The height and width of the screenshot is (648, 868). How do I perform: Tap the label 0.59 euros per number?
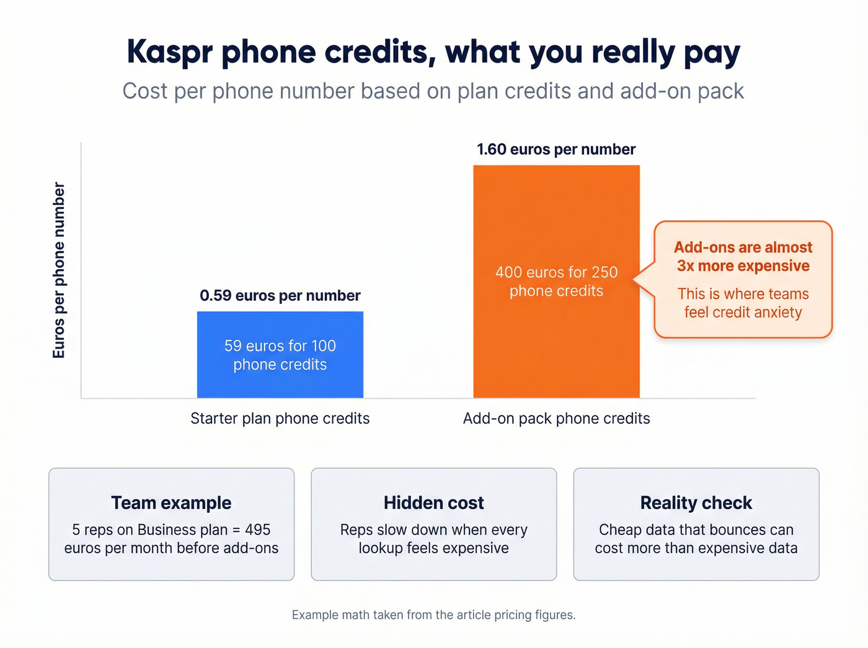280,296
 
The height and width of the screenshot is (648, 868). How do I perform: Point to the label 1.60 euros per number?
556,149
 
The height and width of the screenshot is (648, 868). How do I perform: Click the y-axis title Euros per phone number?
59,270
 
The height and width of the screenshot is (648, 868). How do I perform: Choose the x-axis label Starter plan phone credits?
280,419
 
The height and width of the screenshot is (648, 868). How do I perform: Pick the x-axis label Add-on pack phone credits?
556,419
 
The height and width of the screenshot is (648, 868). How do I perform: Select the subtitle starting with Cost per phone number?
433,91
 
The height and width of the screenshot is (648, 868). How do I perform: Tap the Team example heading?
171,503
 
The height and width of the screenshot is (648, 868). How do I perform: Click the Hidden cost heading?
433,503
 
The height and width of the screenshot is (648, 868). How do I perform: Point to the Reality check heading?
696,503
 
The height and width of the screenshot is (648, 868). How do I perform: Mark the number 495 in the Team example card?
257,530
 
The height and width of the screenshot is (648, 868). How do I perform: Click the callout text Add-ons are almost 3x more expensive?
743,257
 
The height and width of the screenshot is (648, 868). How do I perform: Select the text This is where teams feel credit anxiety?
743,303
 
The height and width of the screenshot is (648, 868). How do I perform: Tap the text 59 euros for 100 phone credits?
280,355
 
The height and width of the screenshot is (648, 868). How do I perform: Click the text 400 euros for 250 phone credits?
556,282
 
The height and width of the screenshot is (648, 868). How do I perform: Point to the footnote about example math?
433,615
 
